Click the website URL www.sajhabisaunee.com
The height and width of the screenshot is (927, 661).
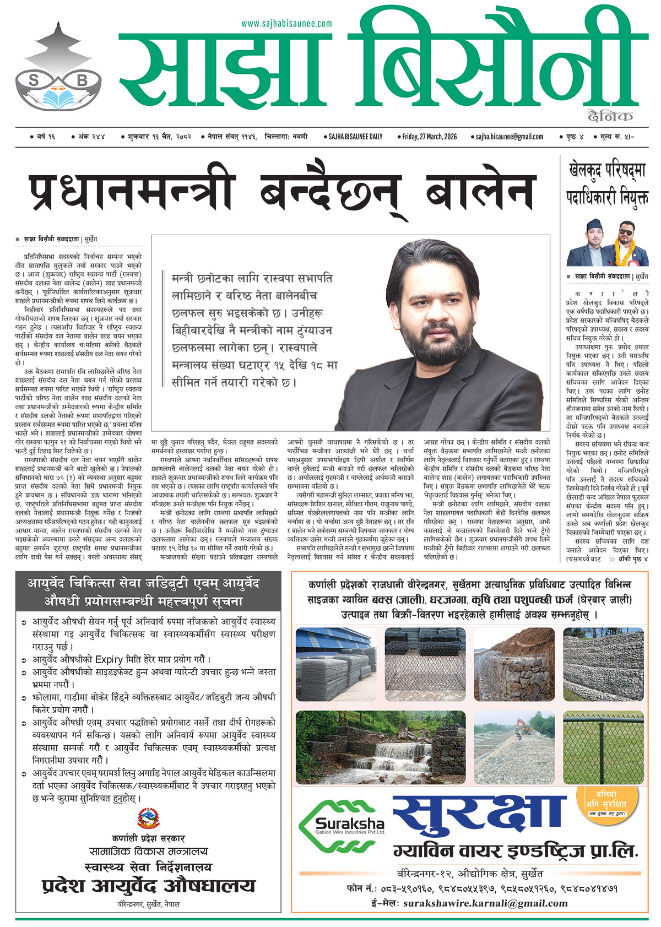[286, 24]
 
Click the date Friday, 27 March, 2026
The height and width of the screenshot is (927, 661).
[430, 137]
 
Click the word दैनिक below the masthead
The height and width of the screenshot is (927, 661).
[610, 116]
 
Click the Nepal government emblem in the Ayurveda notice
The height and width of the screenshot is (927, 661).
[148, 820]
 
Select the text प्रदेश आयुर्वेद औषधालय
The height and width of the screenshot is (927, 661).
[149, 886]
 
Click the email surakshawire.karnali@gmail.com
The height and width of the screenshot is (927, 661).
[485, 903]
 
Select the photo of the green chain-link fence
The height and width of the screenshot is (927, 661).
[603, 747]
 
